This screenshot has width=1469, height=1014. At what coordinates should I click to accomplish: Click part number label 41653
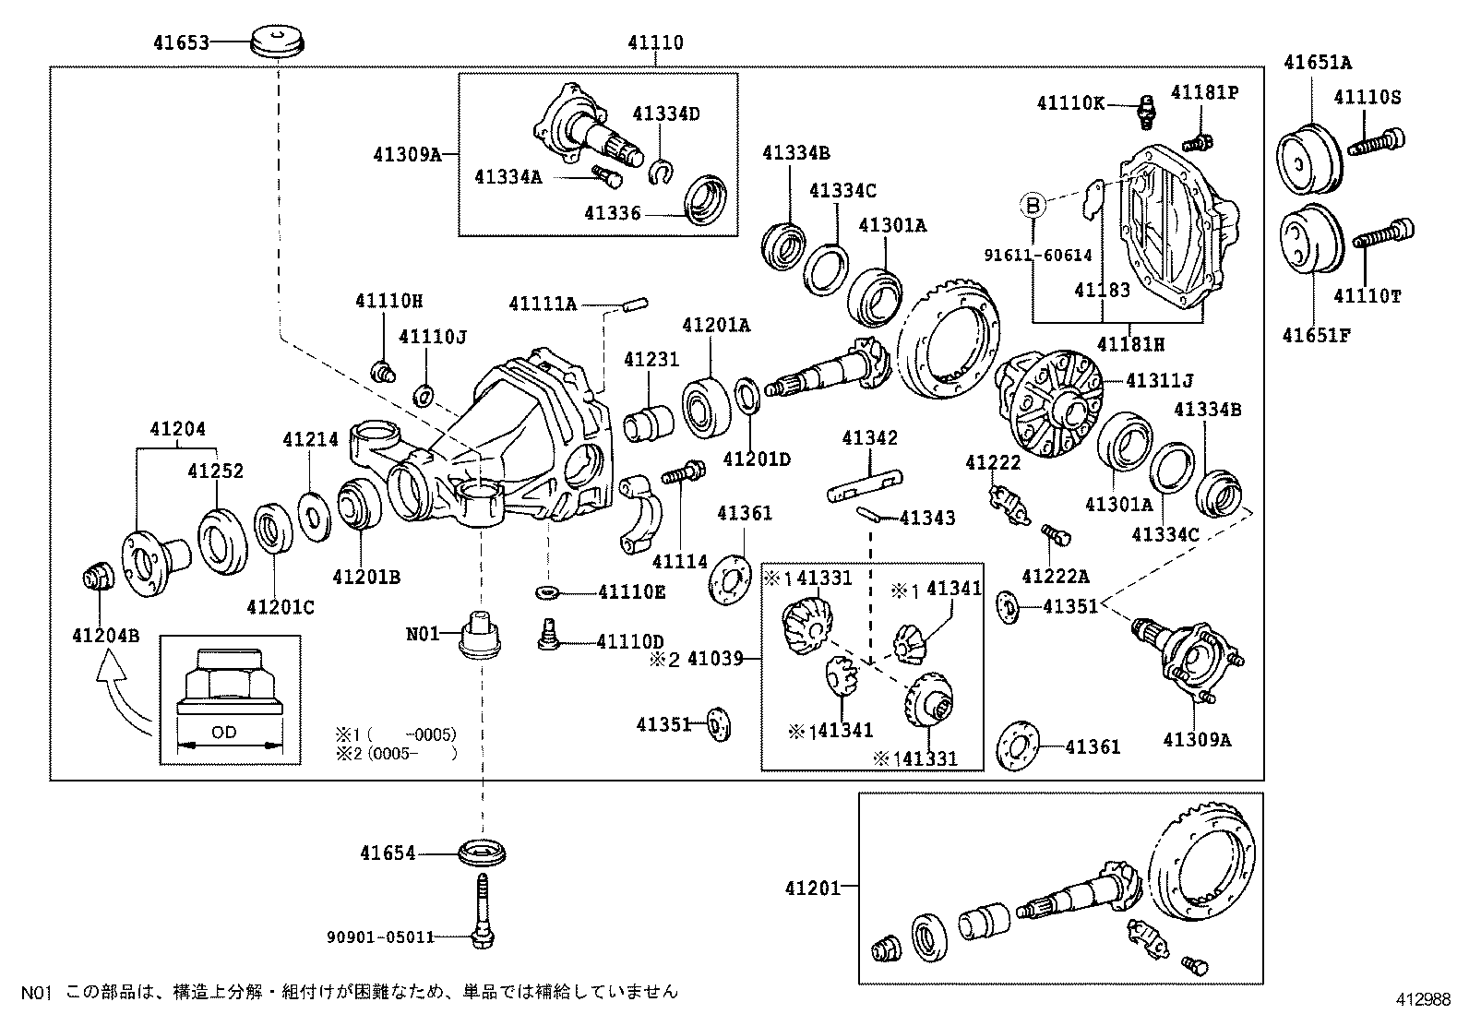181,42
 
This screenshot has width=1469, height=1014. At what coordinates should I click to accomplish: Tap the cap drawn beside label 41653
278,42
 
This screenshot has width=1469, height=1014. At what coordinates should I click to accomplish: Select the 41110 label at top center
655,42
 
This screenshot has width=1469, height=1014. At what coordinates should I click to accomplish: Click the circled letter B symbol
1033,205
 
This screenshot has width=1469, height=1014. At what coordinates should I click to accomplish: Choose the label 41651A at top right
1317,63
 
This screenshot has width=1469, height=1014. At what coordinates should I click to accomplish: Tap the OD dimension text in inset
223,732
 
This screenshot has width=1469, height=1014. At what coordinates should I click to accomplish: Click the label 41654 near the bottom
388,853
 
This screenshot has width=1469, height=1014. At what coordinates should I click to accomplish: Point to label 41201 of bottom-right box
813,888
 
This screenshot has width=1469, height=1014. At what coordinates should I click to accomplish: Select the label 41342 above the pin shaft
868,438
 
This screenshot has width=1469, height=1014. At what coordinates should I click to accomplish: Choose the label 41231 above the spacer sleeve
651,360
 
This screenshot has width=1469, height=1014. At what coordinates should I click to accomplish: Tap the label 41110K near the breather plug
1069,103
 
